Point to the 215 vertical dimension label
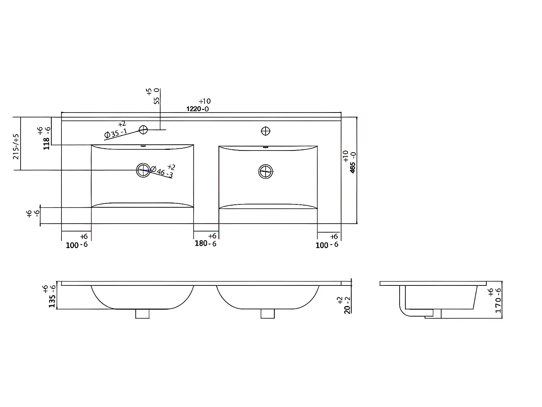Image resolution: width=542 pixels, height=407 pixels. pyautogui.click(x=16, y=147)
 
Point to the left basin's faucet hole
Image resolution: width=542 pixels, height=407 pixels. pyautogui.click(x=143, y=130)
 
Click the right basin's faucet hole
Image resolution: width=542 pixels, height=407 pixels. pyautogui.click(x=266, y=131)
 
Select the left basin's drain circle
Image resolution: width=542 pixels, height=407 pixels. pyautogui.click(x=143, y=170)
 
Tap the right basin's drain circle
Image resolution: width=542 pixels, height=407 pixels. pyautogui.click(x=266, y=171)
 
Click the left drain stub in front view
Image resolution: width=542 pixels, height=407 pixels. pyautogui.click(x=142, y=314)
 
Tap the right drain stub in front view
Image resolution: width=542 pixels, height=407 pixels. pyautogui.click(x=267, y=314)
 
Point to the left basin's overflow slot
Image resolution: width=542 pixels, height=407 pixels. pyautogui.click(x=143, y=147)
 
